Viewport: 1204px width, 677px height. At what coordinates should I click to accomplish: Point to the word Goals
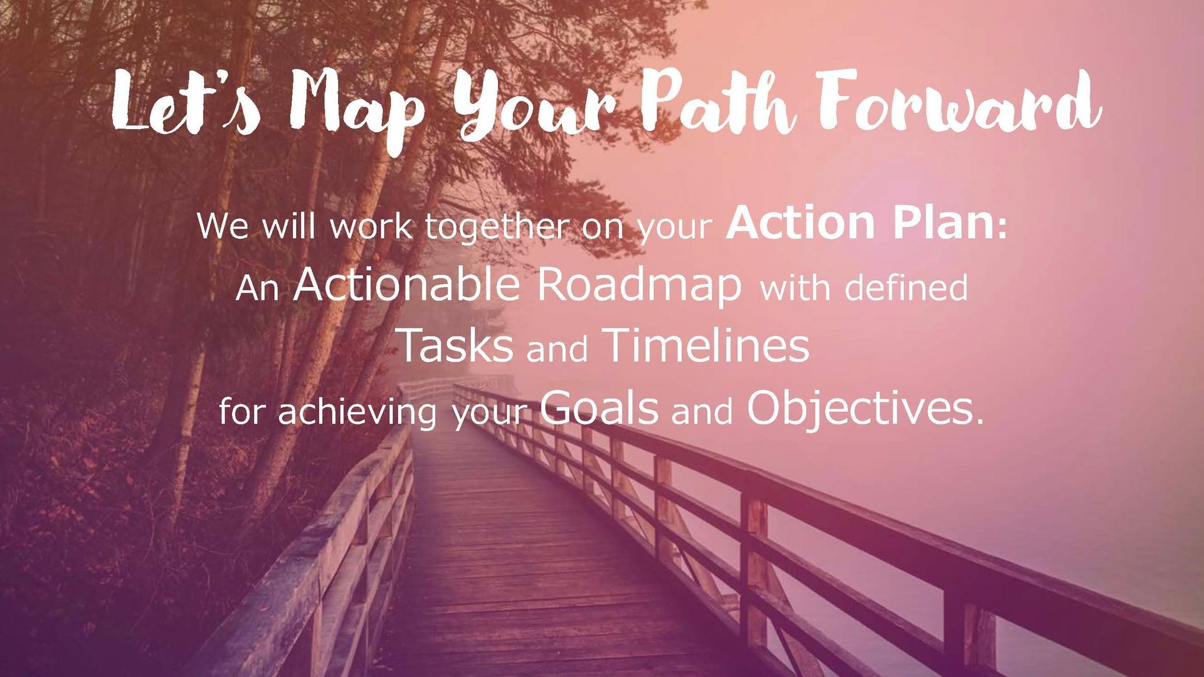pyautogui.click(x=599, y=407)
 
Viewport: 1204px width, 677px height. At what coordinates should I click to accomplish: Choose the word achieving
pyautogui.click(x=358, y=413)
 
